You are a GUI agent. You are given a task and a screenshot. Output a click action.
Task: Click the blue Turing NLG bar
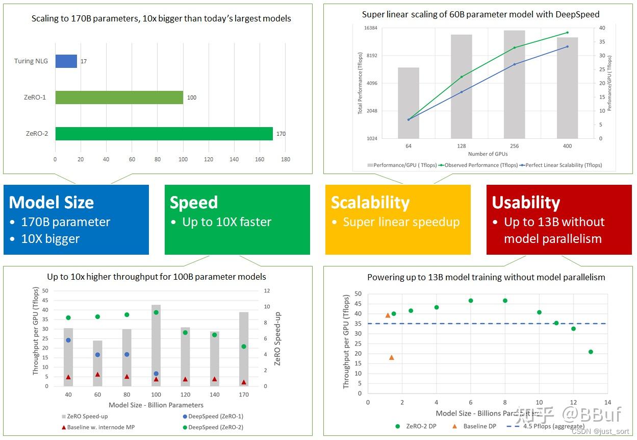[66, 61]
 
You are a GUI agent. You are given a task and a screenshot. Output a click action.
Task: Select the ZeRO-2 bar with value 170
[164, 134]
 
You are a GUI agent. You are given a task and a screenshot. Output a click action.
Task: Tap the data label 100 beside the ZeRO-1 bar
[192, 97]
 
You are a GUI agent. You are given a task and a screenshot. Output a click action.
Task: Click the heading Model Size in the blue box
[52, 203]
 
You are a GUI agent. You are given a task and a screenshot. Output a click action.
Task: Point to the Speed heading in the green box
[194, 203]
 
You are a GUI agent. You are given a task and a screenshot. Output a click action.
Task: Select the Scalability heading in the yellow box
[370, 203]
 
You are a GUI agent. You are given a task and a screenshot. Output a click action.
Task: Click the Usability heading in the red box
[526, 203]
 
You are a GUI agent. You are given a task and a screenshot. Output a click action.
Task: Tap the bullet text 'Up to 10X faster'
[226, 222]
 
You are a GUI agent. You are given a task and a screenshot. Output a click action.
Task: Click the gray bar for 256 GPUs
[514, 84]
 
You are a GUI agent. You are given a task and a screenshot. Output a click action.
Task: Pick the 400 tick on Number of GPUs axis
[567, 146]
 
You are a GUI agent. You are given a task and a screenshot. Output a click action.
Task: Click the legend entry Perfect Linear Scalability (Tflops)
[563, 165]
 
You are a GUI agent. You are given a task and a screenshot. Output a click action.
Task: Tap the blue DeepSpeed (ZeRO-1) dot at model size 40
[68, 340]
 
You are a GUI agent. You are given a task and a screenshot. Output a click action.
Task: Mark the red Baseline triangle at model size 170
[244, 382]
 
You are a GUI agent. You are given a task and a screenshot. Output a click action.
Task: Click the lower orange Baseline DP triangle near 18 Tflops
[391, 357]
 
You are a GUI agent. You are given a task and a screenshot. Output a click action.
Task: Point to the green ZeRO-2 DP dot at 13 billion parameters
[591, 352]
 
